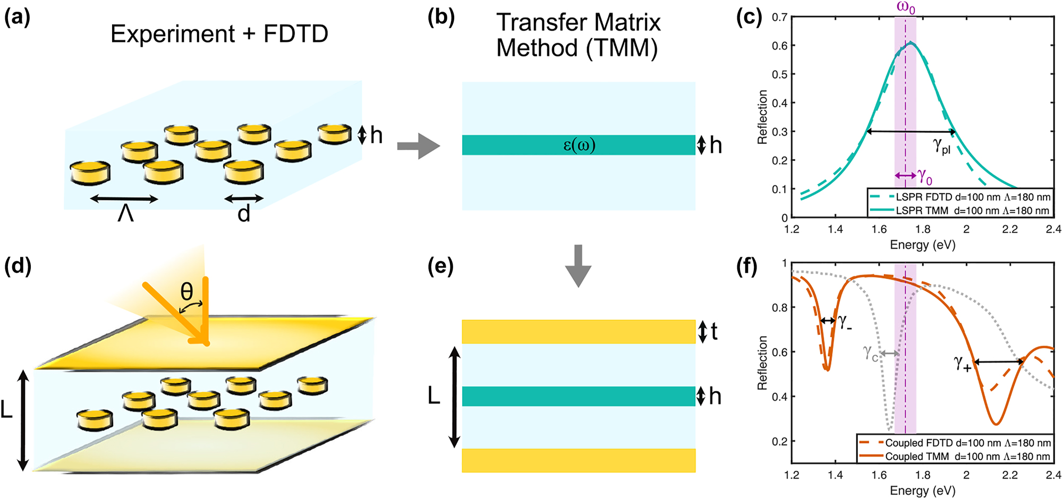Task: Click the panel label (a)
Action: click(17, 18)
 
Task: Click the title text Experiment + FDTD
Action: click(219, 35)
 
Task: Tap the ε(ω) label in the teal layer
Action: click(579, 145)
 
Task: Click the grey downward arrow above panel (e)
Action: click(578, 265)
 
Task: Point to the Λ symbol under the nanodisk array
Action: click(125, 214)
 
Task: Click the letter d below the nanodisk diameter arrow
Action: click(243, 214)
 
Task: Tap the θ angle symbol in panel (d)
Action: click(186, 291)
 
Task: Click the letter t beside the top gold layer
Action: click(714, 332)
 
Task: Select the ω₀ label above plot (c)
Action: click(906, 8)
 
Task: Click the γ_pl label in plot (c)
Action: click(942, 145)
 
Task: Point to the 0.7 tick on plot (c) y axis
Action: click(779, 18)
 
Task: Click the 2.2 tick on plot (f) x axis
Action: click(1010, 475)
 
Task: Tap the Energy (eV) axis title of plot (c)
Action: click(922, 245)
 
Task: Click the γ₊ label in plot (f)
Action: click(962, 363)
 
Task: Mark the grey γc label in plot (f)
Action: click(870, 352)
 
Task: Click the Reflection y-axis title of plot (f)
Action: click(763, 363)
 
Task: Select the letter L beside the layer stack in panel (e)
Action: click(434, 396)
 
